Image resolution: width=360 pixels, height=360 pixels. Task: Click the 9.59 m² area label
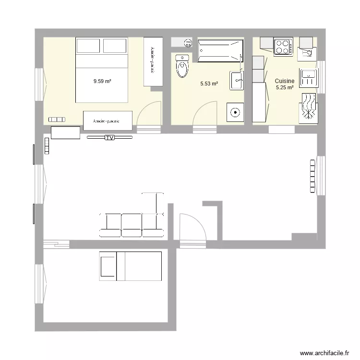point(102,82)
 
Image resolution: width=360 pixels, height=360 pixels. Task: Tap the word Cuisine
point(284,81)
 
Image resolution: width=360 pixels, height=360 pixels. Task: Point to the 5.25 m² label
point(284,87)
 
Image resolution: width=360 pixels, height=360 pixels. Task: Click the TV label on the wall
point(109,138)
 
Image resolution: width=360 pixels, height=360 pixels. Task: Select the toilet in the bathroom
point(182,66)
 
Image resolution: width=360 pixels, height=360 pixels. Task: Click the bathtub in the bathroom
point(218,51)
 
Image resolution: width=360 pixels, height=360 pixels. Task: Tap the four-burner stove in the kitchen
point(283,47)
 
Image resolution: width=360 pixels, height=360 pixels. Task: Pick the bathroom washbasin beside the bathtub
point(237,80)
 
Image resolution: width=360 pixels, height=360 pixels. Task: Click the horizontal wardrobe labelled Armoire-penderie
point(108,120)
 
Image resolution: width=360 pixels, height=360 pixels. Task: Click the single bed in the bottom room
point(131,265)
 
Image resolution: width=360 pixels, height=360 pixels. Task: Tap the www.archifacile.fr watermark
point(324,353)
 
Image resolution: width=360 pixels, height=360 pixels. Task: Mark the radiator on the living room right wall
point(313,175)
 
